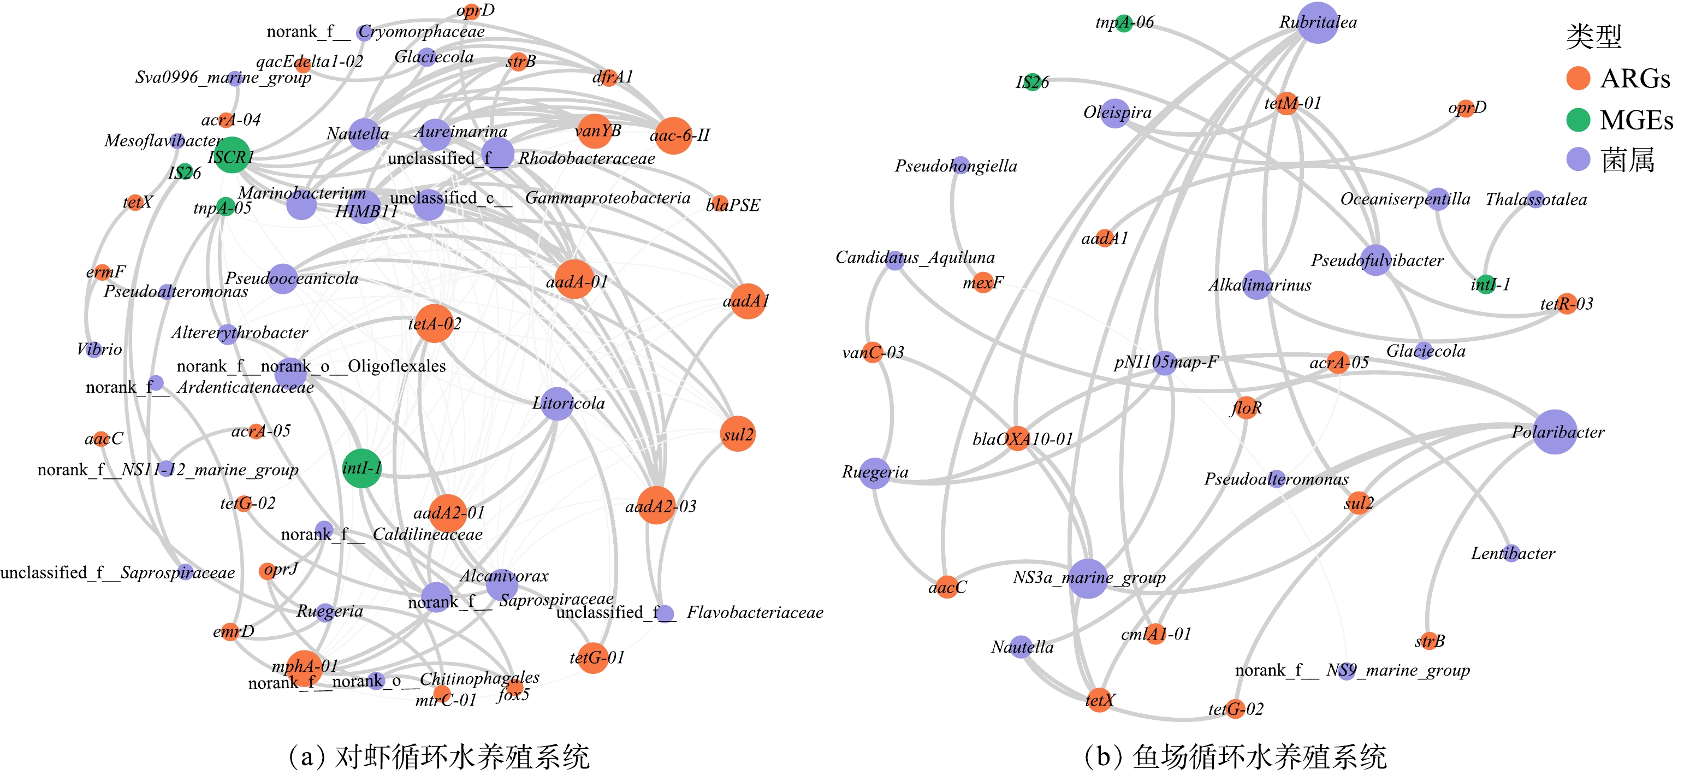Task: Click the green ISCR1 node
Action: click(x=232, y=156)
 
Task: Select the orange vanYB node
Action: click(x=594, y=131)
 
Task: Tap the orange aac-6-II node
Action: click(x=673, y=135)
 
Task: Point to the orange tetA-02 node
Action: click(x=434, y=323)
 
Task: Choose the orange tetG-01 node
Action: click(x=593, y=656)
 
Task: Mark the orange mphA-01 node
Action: click(x=304, y=667)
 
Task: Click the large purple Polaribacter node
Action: click(x=1555, y=431)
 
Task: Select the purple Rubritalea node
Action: click(x=1317, y=23)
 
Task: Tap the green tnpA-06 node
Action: click(x=1124, y=23)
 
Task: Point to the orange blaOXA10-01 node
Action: click(x=1018, y=438)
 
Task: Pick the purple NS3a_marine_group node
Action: click(x=1088, y=578)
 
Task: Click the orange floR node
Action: click(x=1246, y=408)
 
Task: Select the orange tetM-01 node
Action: click(x=1286, y=103)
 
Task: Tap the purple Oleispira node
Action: click(x=1115, y=113)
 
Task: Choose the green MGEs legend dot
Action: click(x=1578, y=120)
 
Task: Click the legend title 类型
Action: click(x=1594, y=36)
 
